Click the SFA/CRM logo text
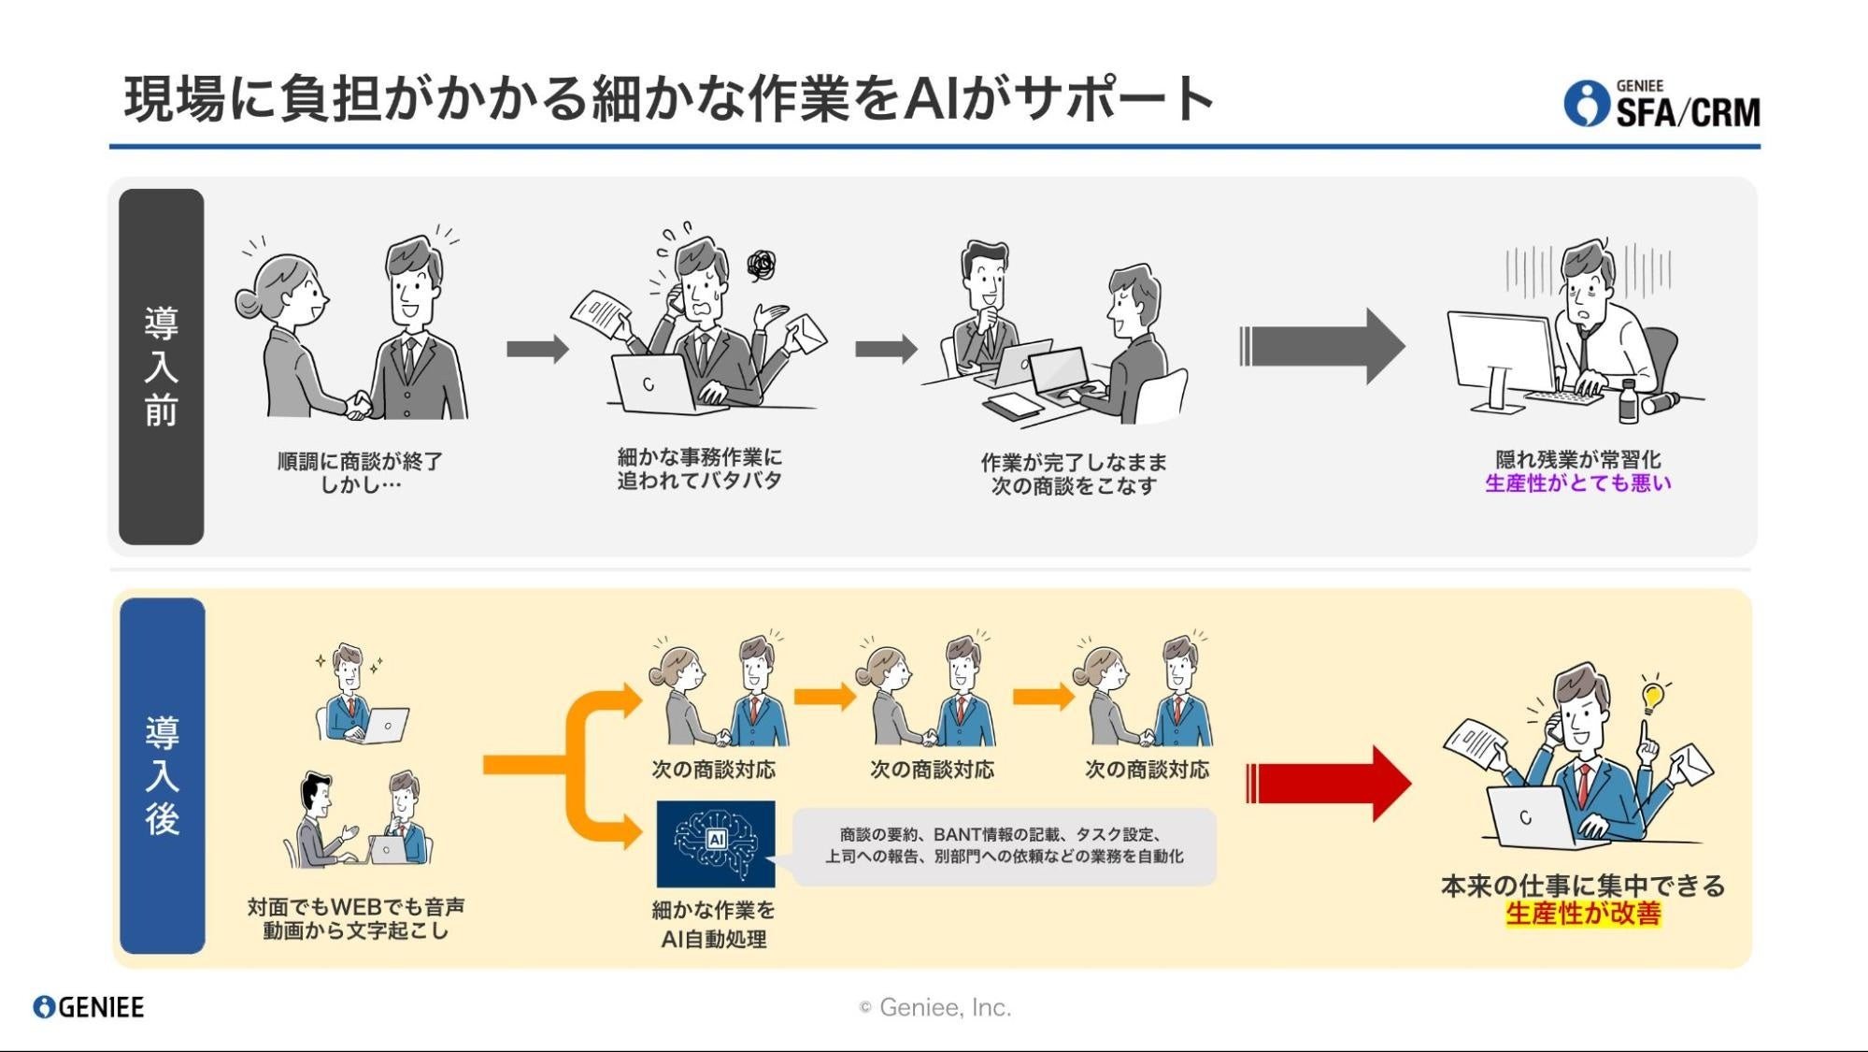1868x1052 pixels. click(x=1687, y=112)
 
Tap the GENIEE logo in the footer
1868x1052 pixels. click(x=89, y=1007)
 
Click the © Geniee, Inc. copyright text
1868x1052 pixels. click(x=934, y=1007)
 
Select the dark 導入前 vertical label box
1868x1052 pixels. click(x=161, y=367)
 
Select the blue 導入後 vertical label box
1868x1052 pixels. click(x=162, y=775)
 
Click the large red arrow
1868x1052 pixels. click(x=1328, y=784)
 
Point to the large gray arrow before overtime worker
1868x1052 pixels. click(x=1321, y=346)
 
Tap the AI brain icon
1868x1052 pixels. click(x=716, y=843)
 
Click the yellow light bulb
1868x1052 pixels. click(x=1652, y=696)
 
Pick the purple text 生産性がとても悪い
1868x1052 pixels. click(x=1577, y=483)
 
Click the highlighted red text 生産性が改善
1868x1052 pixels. click(x=1583, y=914)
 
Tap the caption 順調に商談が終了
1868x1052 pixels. click(x=360, y=461)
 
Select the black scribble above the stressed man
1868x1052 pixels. click(x=762, y=266)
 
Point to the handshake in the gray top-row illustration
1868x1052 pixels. click(x=358, y=404)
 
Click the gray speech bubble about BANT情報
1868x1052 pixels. click(x=1004, y=846)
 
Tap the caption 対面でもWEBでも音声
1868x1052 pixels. click(x=356, y=907)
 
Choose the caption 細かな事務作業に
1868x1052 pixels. click(x=699, y=457)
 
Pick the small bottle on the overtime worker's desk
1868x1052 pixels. click(x=1628, y=402)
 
